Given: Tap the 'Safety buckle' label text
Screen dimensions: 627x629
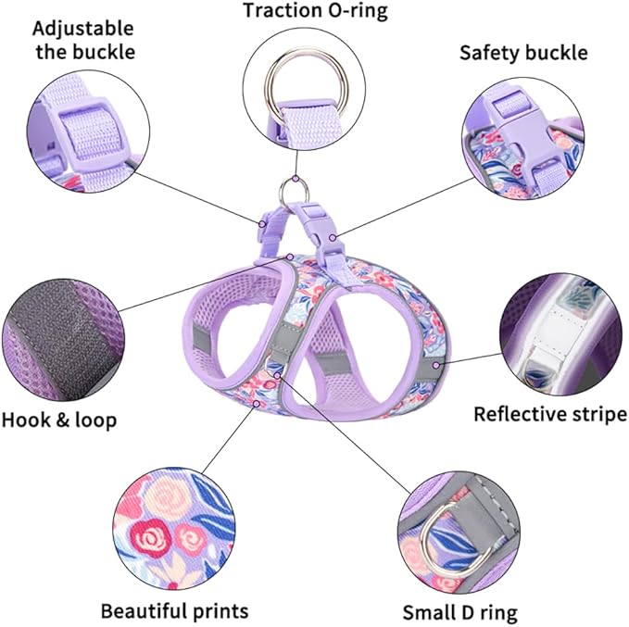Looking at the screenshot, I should coord(523,53).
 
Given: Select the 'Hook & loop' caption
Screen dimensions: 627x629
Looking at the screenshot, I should coord(59,420).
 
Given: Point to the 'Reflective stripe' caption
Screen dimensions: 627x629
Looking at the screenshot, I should coord(550,414).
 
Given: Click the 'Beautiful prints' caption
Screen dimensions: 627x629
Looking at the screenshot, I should coord(174,611).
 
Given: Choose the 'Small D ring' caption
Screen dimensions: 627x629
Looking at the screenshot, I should coord(459,613).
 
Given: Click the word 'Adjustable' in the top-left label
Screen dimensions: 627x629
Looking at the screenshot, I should coord(84,29).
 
